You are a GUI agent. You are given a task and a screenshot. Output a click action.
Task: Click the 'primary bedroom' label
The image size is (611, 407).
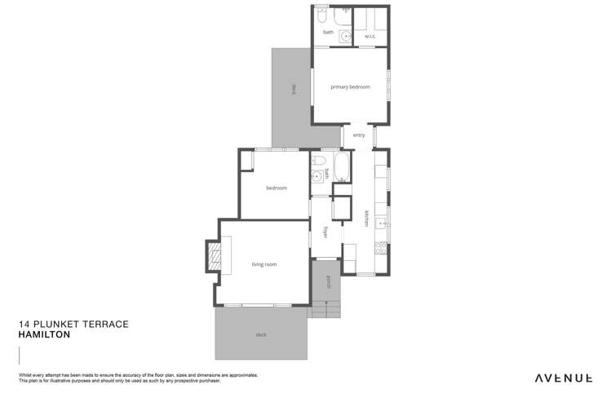click(350, 86)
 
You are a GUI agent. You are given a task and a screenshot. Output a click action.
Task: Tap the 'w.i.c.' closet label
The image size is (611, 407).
click(369, 35)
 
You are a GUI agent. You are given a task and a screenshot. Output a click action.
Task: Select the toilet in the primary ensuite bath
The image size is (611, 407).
click(322, 16)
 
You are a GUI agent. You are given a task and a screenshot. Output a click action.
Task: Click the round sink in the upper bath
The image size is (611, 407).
click(345, 35)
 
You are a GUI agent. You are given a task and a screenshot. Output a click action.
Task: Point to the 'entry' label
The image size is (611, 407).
click(359, 135)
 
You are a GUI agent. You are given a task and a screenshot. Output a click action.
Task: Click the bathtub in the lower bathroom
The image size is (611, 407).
click(342, 168)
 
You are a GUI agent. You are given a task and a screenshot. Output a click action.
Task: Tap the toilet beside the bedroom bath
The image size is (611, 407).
click(317, 161)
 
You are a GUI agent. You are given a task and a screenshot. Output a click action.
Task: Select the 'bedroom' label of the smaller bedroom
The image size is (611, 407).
click(277, 188)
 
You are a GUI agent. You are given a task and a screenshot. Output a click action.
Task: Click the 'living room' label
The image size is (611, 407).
click(264, 264)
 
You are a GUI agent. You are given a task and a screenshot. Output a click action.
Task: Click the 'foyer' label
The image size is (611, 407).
click(325, 232)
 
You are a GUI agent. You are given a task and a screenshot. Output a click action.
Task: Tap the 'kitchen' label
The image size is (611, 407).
click(366, 218)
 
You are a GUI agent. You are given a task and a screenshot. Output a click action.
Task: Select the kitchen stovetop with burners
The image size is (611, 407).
click(380, 245)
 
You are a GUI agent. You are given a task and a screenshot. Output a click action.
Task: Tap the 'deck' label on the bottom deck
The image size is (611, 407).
click(260, 335)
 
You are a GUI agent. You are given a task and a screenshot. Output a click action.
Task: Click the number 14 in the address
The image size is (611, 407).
click(24, 324)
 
